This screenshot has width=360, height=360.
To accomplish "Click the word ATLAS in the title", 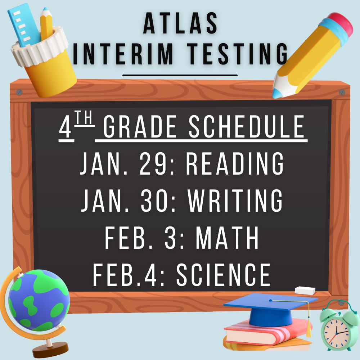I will tap(180, 23).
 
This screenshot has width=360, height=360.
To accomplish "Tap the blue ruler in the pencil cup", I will tap(23, 25).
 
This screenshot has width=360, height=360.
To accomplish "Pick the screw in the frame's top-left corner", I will tap(19, 92).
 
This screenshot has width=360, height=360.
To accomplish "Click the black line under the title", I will tap(180, 75).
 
